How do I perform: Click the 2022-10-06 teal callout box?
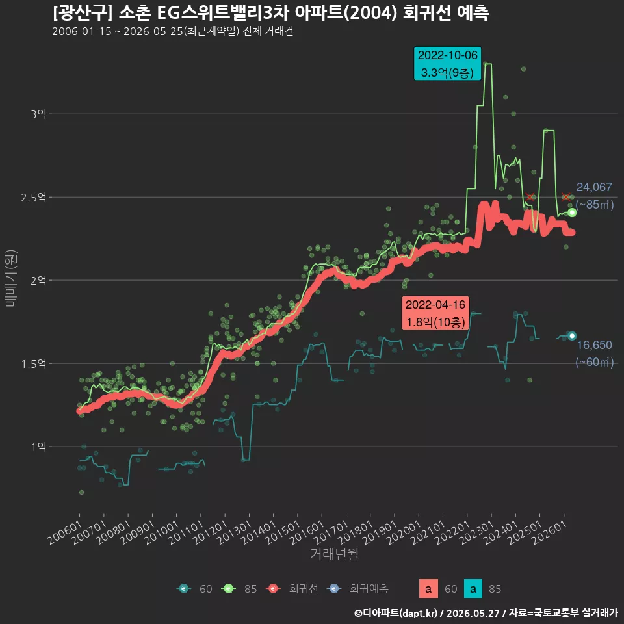[x=447, y=64]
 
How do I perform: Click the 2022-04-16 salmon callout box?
[x=435, y=313]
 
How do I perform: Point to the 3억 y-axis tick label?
[x=38, y=114]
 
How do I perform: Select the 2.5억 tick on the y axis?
[x=34, y=198]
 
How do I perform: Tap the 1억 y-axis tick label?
[x=38, y=447]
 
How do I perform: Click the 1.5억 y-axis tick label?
[x=34, y=364]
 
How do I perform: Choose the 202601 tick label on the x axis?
[x=550, y=532]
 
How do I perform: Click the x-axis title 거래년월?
[x=334, y=554]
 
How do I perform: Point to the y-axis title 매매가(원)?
[x=10, y=278]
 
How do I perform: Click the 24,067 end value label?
[x=594, y=187]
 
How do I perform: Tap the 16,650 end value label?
[x=594, y=344]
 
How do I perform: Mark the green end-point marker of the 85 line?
[x=572, y=213]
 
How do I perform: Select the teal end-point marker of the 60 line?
[x=572, y=336]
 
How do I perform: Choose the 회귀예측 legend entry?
[x=357, y=589]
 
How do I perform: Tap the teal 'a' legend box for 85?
[x=473, y=589]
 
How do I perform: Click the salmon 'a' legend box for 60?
[x=428, y=589]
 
